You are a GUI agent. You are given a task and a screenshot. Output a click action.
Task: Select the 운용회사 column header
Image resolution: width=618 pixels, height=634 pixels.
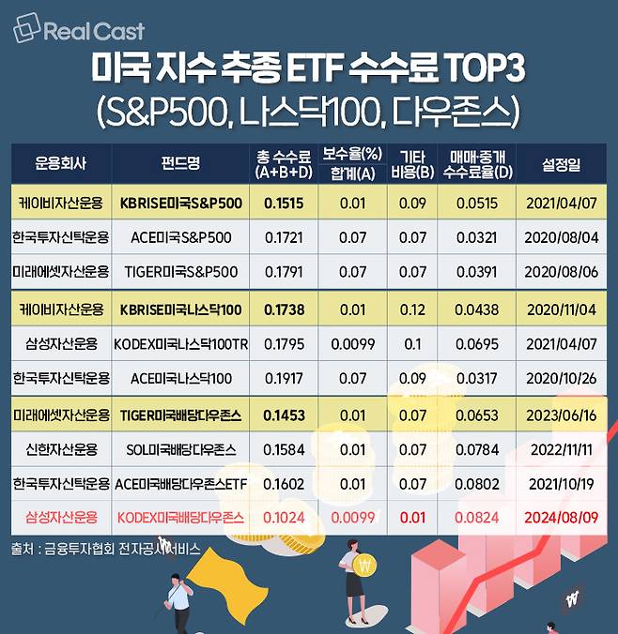[60, 164]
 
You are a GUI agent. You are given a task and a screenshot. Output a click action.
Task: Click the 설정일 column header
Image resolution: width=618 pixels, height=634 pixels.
[561, 164]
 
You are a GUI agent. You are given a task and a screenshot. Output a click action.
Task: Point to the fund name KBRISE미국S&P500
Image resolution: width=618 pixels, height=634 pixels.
[180, 203]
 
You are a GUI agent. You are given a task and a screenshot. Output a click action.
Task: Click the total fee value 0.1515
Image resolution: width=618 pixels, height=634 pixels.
[285, 203]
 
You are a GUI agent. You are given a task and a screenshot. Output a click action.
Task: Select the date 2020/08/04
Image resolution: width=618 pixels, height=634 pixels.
[561, 237]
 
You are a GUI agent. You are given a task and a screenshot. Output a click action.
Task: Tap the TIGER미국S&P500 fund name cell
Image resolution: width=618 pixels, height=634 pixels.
[180, 273]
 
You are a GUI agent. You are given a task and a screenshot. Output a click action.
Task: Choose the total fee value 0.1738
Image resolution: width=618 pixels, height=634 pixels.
[285, 309]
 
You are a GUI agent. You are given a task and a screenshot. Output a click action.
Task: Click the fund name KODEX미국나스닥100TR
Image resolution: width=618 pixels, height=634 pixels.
[180, 344]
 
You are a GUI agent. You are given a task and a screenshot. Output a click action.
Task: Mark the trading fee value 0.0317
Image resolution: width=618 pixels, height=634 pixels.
[477, 379]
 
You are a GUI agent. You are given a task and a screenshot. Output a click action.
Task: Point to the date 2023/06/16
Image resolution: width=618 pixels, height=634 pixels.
[561, 415]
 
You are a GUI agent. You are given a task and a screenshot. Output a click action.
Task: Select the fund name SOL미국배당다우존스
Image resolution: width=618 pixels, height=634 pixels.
[180, 449]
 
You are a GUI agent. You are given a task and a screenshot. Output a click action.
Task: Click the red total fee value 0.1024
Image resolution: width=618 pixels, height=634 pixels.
[285, 517]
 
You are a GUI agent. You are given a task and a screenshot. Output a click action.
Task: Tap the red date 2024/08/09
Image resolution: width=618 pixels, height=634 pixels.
[561, 517]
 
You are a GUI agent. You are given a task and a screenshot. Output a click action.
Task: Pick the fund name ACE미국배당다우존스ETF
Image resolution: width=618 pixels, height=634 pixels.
[180, 483]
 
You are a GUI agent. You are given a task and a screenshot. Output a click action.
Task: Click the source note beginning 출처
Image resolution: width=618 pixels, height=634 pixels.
[105, 549]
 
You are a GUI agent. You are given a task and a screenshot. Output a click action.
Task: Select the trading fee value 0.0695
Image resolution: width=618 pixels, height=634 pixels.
[477, 344]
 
